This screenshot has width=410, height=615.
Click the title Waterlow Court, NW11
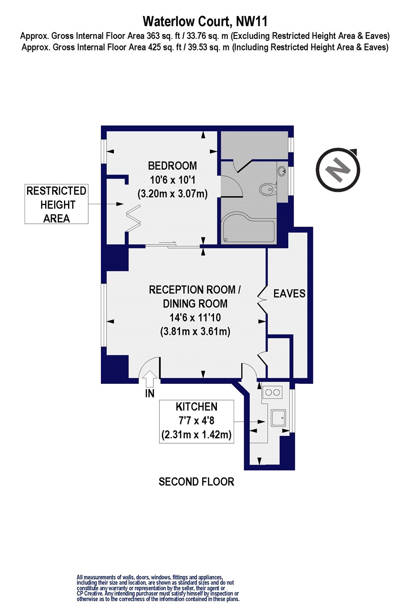click(205, 21)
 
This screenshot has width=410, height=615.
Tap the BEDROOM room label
click(172, 166)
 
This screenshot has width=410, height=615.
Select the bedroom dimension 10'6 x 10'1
click(172, 180)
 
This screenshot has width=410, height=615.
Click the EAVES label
click(289, 294)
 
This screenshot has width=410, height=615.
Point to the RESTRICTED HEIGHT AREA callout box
click(57, 204)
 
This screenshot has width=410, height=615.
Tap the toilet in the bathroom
click(267, 189)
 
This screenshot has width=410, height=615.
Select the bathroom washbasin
click(282, 171)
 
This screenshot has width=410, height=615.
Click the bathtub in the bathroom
click(248, 228)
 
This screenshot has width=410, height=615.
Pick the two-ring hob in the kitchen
click(272, 392)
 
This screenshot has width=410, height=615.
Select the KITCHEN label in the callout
click(196, 407)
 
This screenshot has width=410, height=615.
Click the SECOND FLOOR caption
click(196, 482)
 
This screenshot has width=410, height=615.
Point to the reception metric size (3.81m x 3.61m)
click(195, 331)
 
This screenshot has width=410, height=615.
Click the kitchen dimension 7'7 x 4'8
click(196, 421)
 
